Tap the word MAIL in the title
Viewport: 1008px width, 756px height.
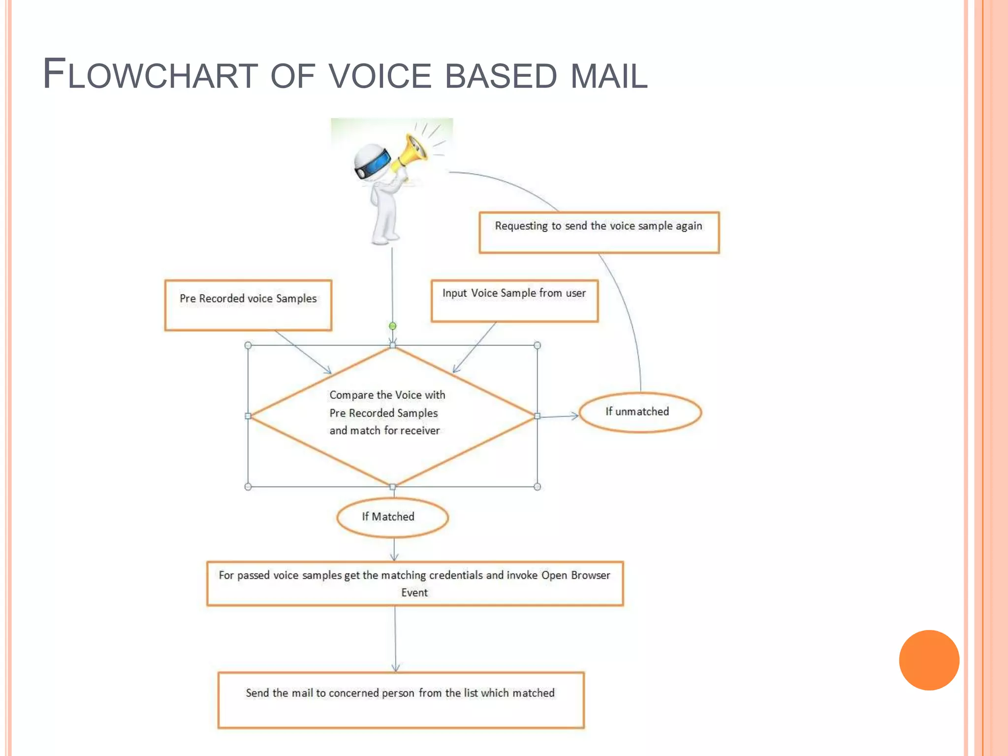tap(609, 76)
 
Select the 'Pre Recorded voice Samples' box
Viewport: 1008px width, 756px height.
tap(248, 305)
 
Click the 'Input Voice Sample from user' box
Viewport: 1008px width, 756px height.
tap(514, 301)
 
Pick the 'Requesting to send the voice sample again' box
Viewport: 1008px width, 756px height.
tap(599, 232)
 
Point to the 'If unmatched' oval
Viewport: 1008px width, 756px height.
tap(640, 412)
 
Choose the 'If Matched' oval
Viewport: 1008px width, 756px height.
tap(392, 517)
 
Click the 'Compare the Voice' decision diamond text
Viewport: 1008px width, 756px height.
tap(387, 413)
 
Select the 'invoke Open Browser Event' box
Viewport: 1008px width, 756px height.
tap(415, 584)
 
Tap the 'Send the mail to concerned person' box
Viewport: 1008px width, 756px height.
tap(401, 699)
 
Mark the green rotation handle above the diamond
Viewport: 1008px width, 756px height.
tap(392, 326)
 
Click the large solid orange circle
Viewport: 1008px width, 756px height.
tap(929, 660)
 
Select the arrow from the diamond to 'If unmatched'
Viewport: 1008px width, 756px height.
tap(559, 417)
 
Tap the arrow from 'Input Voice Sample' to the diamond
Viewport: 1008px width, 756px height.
tap(474, 347)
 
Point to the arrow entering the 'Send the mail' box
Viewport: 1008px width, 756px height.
tap(395, 640)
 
